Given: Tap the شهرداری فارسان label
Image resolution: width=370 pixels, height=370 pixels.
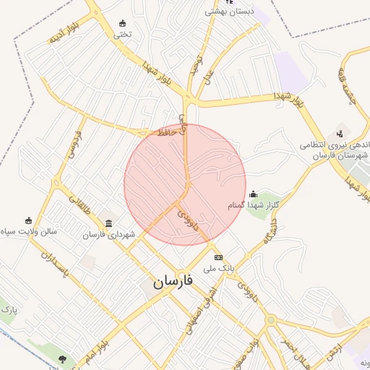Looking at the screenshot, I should (108, 235).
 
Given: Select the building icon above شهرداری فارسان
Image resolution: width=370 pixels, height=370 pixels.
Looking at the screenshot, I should (108, 223).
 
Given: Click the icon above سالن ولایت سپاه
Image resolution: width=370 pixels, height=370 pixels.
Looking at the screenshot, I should (29, 220).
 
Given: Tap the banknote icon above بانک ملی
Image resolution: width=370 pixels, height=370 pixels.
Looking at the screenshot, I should (218, 257).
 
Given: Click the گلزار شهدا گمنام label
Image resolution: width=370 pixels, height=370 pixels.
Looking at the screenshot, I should (254, 206).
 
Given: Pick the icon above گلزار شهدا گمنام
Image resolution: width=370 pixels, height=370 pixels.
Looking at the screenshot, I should (253, 194).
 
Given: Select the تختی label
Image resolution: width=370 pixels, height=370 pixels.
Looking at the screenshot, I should (122, 33).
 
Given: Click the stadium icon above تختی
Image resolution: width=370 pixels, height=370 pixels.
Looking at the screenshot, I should (122, 22).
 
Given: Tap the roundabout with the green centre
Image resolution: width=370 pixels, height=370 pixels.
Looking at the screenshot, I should (270, 319).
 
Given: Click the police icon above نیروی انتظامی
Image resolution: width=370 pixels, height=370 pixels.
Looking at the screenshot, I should (338, 134).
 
